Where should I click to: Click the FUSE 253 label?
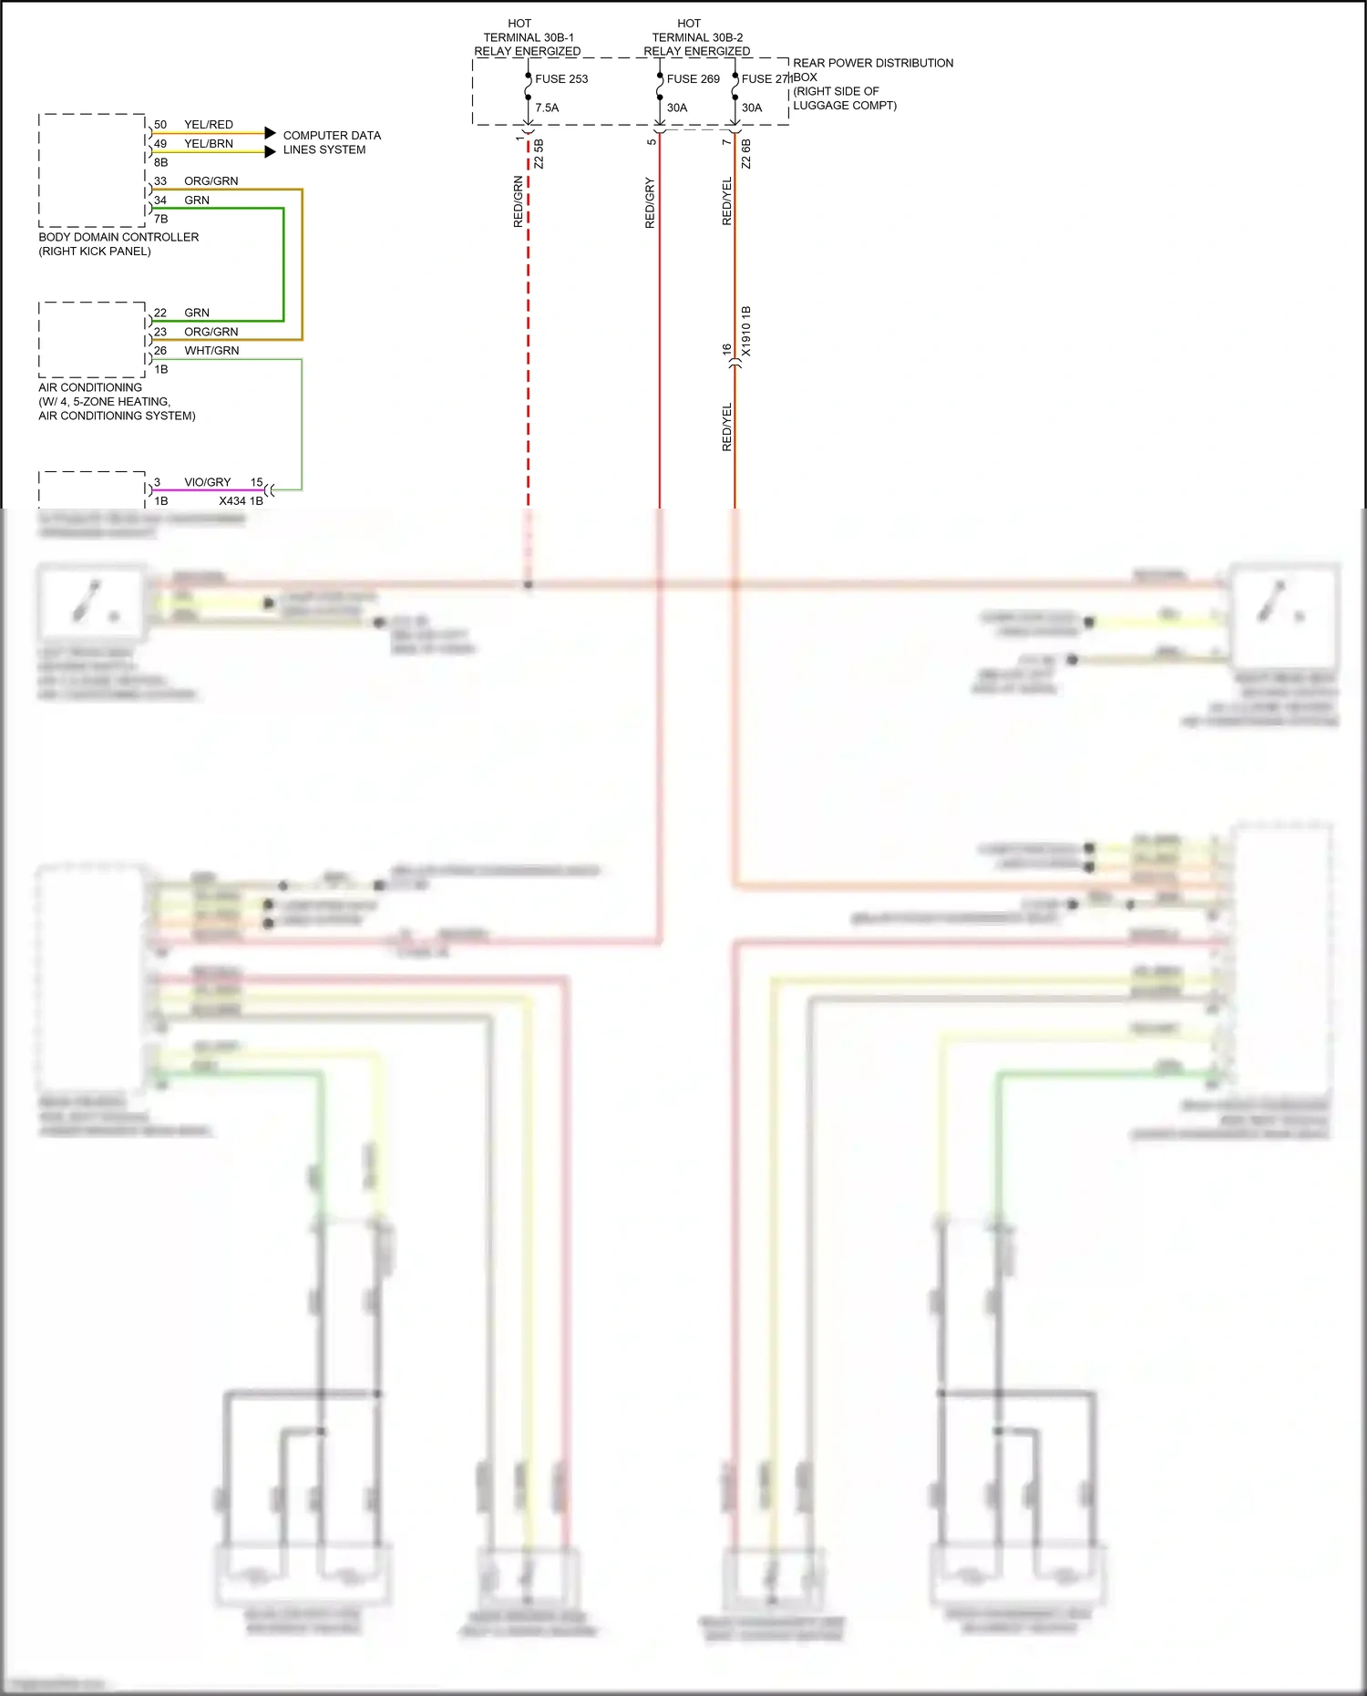(561, 79)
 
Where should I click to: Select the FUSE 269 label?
(693, 79)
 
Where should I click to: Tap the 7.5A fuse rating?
(547, 108)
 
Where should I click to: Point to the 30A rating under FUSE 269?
(677, 108)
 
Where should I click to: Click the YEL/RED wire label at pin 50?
(209, 125)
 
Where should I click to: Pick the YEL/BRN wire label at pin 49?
(209, 144)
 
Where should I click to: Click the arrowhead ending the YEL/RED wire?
(270, 133)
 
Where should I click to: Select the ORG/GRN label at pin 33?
(211, 181)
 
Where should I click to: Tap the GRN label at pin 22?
(197, 313)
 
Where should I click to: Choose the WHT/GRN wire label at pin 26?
(211, 351)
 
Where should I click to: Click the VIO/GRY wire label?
(208, 482)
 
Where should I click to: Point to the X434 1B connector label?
(241, 501)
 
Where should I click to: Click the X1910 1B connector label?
(746, 331)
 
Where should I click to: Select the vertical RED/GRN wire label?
(519, 201)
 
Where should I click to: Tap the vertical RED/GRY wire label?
(650, 202)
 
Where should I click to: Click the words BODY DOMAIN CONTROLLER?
(118, 237)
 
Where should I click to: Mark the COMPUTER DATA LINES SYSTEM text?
(332, 142)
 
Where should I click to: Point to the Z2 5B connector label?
(539, 153)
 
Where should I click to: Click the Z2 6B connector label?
(746, 153)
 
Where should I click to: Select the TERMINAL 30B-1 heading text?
(529, 37)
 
